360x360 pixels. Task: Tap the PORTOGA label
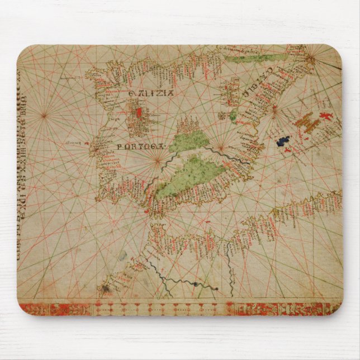tap(140, 146)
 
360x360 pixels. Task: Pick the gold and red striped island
tap(307, 120)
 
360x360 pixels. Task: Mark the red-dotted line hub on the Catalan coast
tap(274, 111)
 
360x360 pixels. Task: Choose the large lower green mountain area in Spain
tap(186, 176)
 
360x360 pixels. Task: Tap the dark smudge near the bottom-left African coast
tap(105, 289)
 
